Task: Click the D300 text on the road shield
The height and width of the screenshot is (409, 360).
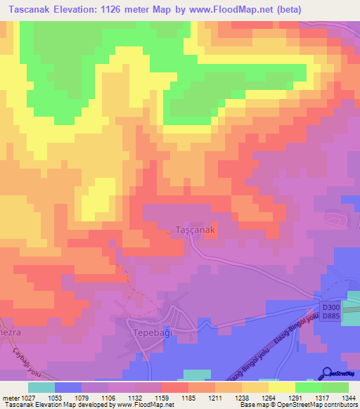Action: tap(330, 307)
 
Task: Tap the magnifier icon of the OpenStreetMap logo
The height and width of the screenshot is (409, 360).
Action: tap(328, 372)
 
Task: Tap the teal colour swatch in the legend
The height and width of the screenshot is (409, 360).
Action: tap(41, 387)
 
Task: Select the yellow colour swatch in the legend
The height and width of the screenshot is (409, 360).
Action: tap(282, 387)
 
